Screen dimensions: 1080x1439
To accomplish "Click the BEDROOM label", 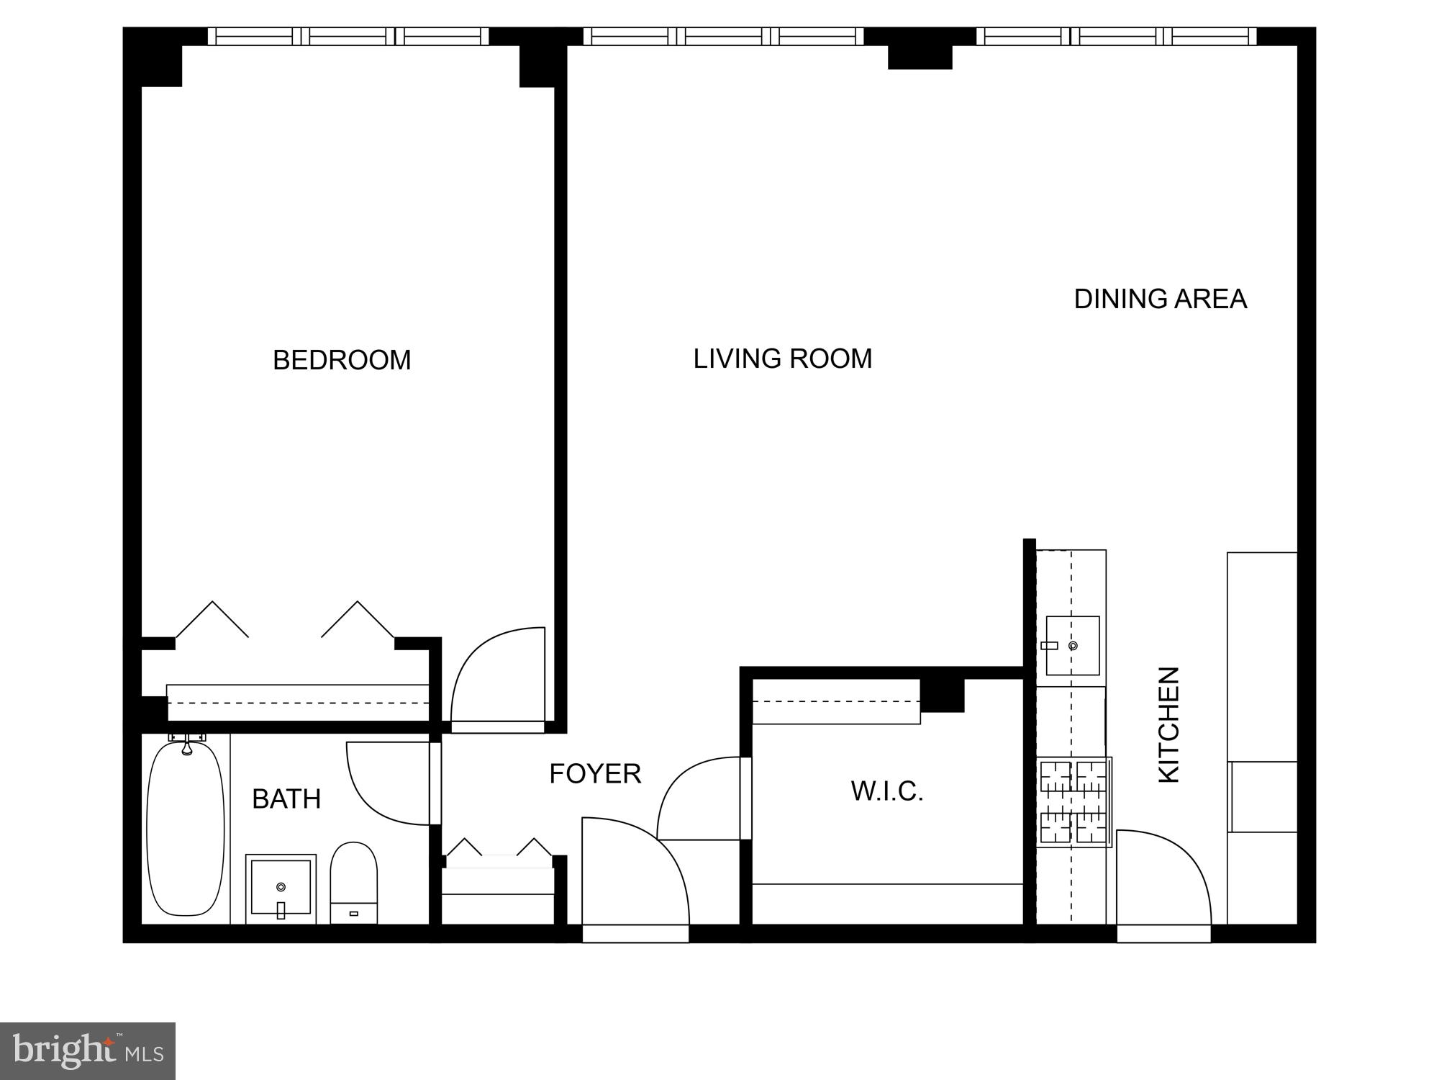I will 342,360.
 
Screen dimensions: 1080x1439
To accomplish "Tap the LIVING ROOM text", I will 782,359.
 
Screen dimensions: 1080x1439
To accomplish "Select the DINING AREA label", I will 1160,299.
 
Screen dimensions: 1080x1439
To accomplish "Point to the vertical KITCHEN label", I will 1168,725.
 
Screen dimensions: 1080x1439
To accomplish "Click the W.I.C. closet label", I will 886,791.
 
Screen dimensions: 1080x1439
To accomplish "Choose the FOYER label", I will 595,774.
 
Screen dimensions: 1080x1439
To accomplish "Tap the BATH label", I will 286,799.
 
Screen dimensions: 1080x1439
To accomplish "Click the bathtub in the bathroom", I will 186,828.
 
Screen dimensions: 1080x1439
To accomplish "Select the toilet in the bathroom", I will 353,882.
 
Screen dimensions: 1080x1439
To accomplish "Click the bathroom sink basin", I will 281,888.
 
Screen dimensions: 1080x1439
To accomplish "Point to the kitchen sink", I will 1072,646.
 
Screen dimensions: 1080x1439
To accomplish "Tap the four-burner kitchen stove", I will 1073,801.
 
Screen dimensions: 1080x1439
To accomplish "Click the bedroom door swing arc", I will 496,677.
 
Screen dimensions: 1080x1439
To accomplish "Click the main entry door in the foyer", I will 633,875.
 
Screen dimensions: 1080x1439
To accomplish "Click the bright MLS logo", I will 87,1051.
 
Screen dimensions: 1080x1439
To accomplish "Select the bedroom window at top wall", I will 348,36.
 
